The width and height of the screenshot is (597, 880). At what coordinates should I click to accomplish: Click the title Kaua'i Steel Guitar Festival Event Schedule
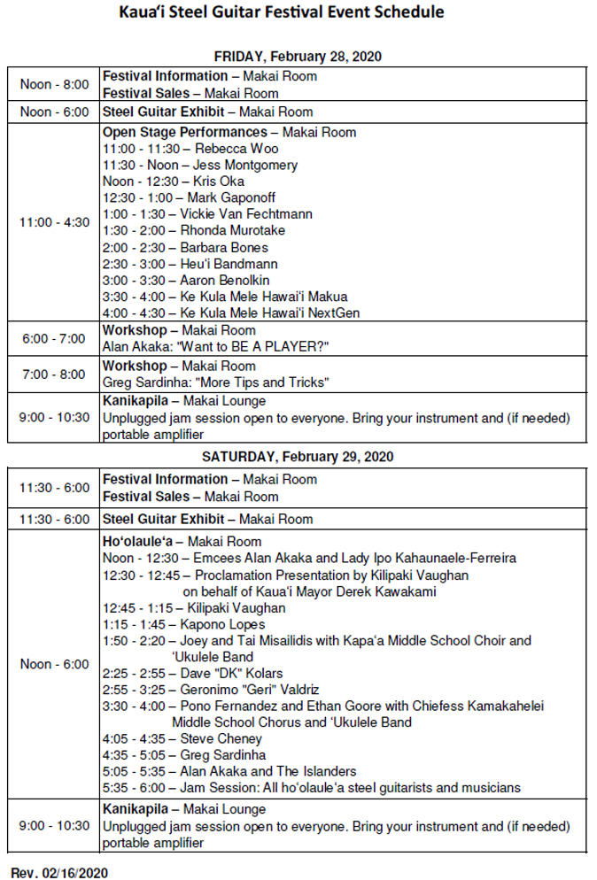tap(282, 12)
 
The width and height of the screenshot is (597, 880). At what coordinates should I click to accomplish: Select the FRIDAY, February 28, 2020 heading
tap(298, 57)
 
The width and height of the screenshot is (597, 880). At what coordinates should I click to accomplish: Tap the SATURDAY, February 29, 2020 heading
tap(298, 457)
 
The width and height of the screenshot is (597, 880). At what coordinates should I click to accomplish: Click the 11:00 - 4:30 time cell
tap(54, 222)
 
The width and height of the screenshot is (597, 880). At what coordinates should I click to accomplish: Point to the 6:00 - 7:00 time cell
tap(54, 338)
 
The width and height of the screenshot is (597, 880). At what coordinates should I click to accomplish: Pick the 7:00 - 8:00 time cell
tap(54, 374)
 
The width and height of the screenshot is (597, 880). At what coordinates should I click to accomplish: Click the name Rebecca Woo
tap(229, 149)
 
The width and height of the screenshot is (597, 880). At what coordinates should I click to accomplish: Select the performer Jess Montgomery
tap(246, 166)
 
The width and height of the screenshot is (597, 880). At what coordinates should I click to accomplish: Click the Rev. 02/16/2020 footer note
tap(59, 872)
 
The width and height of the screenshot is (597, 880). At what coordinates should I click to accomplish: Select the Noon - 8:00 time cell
tap(54, 84)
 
